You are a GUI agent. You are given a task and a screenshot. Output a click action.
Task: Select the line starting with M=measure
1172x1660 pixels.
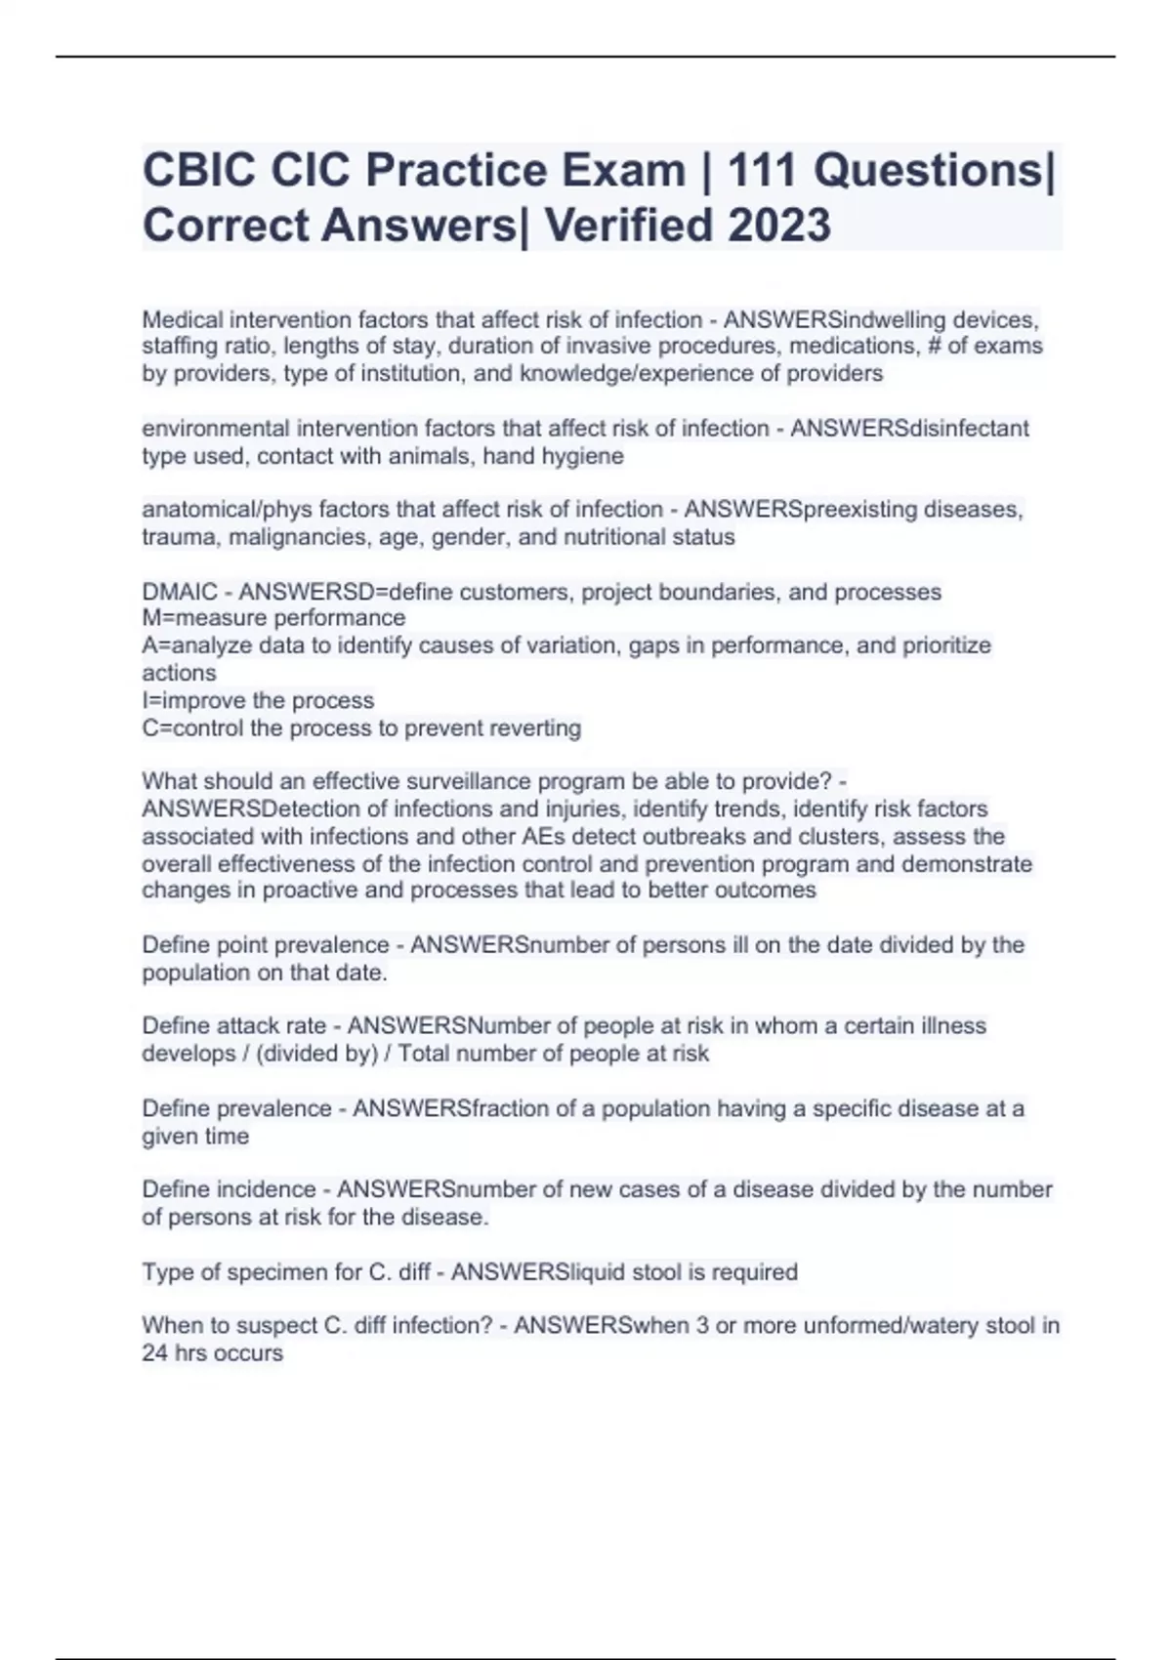(x=273, y=618)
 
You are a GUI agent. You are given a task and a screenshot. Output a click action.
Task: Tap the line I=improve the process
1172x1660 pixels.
(x=258, y=700)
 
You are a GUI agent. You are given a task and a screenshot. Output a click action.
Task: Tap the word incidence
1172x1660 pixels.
(x=266, y=1189)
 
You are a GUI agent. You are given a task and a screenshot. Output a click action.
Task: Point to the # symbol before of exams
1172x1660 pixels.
(x=932, y=346)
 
